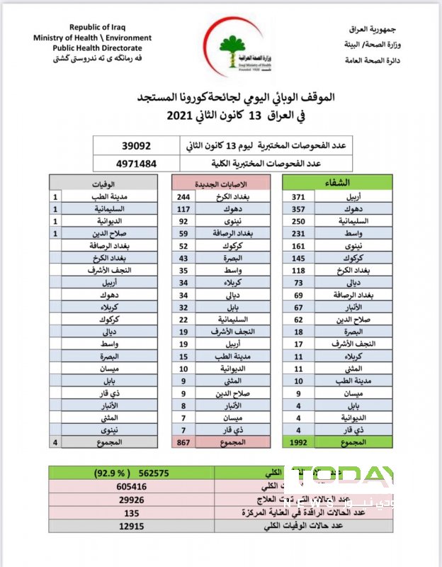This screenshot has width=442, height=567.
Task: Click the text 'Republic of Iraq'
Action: click(x=91, y=27)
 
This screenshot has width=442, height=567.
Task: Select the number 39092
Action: click(x=137, y=145)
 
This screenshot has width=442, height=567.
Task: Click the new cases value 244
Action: click(x=183, y=196)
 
